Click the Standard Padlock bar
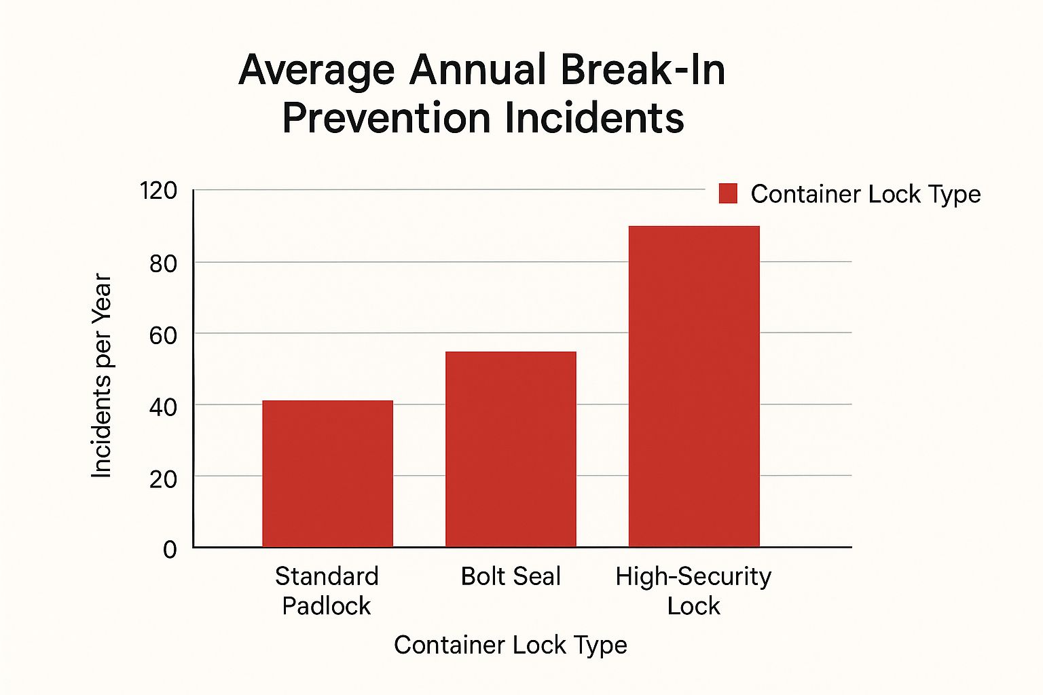coord(327,474)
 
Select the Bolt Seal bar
coord(511,449)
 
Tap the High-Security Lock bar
coord(694,386)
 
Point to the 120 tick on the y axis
coord(158,191)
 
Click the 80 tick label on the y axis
coord(163,263)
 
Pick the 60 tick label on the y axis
coord(163,335)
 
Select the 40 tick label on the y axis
coord(163,407)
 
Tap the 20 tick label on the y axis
coord(163,479)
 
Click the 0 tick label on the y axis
coord(170,549)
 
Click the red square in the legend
coord(728,193)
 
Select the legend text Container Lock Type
coord(865,194)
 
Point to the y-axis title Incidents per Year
coord(101,376)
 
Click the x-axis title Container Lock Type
coord(510,645)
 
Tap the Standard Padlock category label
coord(327,590)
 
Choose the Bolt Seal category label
coord(511,576)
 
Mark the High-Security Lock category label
coord(693,590)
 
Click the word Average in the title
coord(316,70)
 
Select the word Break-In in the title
coord(644,70)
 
